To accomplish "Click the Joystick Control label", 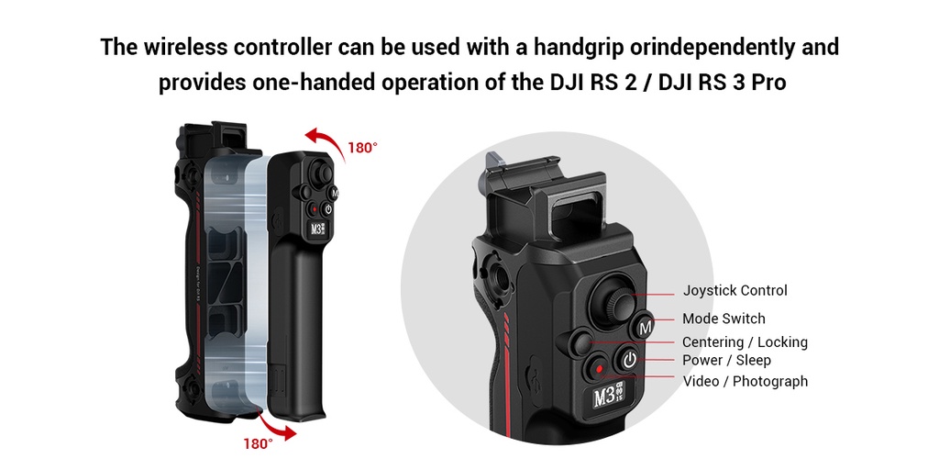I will tap(735, 291).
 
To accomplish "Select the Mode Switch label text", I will tap(724, 319).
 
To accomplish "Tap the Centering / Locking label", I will tap(745, 342).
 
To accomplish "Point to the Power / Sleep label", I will tap(726, 361).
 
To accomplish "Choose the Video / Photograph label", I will tap(746, 381).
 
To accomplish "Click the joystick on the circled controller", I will tap(609, 297).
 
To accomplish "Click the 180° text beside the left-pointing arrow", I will tap(362, 148).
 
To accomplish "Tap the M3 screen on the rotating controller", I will tap(318, 230).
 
